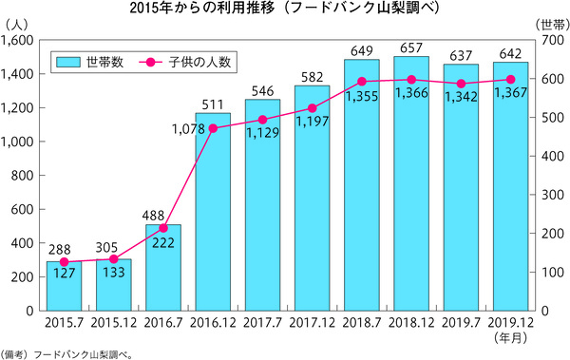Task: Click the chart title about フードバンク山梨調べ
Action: (x=284, y=9)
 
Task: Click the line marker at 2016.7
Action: (x=163, y=228)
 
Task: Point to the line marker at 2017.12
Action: (x=312, y=107)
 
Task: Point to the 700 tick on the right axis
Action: (x=551, y=40)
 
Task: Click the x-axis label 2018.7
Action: (x=361, y=324)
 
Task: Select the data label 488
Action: (x=163, y=216)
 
